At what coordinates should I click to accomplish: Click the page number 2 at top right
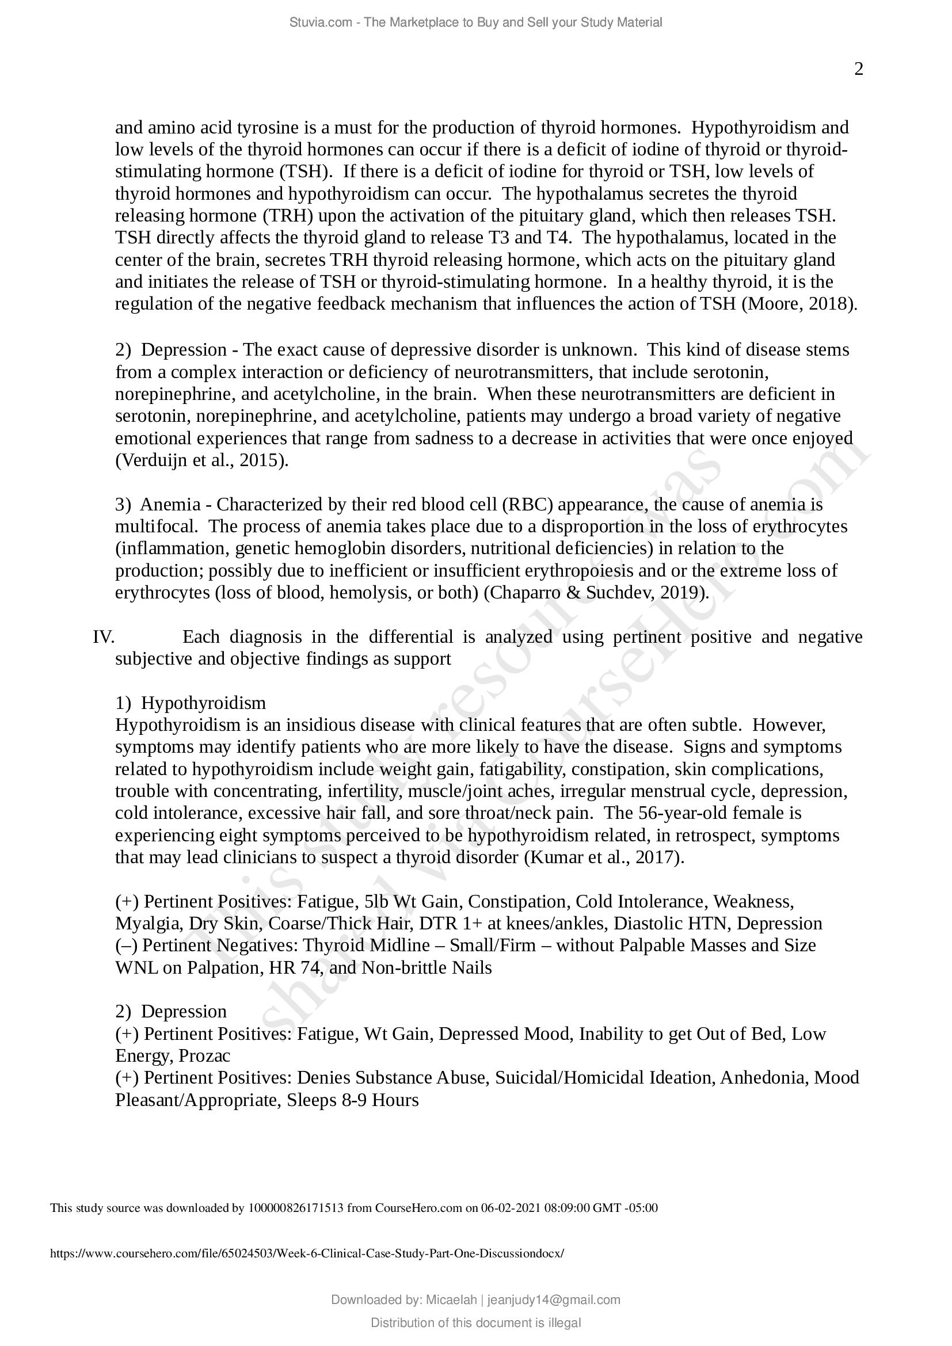(x=858, y=70)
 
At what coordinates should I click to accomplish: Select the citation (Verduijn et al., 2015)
(x=201, y=460)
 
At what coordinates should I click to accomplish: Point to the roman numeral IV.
(x=103, y=636)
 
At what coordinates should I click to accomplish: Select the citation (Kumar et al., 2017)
(x=603, y=857)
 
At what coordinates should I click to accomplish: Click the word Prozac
(x=204, y=1056)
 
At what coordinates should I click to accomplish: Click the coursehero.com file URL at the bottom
(x=307, y=1253)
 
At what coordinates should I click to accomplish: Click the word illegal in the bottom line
(x=565, y=1322)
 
